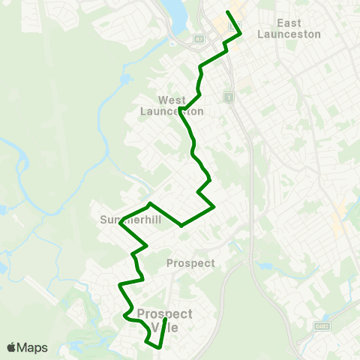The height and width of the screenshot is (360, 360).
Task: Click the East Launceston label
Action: [289, 28]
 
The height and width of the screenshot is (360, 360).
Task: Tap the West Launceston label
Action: [172, 106]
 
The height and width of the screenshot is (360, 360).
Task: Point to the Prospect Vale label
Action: [165, 319]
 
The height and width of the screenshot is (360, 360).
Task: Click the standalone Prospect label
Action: [190, 263]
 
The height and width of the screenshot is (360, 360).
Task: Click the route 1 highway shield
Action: [229, 97]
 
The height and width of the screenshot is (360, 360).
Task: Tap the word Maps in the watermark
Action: [32, 347]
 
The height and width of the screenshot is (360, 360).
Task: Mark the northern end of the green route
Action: [228, 12]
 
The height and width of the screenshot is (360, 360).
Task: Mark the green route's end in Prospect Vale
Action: [166, 319]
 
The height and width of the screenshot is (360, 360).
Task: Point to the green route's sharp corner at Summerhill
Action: [120, 222]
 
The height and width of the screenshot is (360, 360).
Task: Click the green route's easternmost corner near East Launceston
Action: [240, 34]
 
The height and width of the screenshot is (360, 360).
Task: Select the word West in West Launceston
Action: [172, 100]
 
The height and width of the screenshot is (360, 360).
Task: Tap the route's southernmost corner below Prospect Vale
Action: [159, 347]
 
